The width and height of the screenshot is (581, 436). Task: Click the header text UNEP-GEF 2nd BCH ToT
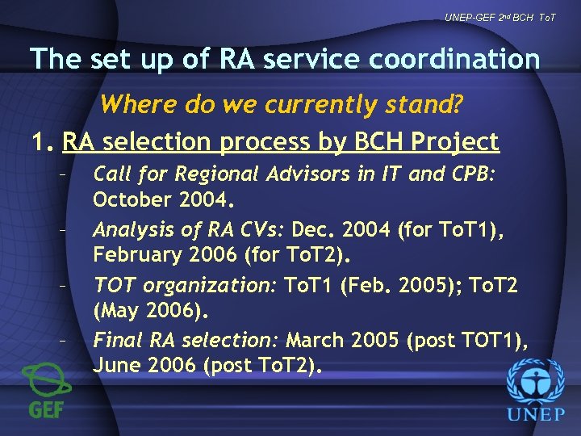tap(499, 17)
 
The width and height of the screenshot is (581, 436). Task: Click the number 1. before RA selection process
tap(42, 142)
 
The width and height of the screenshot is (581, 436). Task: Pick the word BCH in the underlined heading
tap(376, 142)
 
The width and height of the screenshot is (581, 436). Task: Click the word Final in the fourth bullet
tap(115, 339)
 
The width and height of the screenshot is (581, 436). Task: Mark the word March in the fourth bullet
tap(316, 339)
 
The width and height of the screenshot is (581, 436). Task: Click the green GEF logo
tap(46, 391)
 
